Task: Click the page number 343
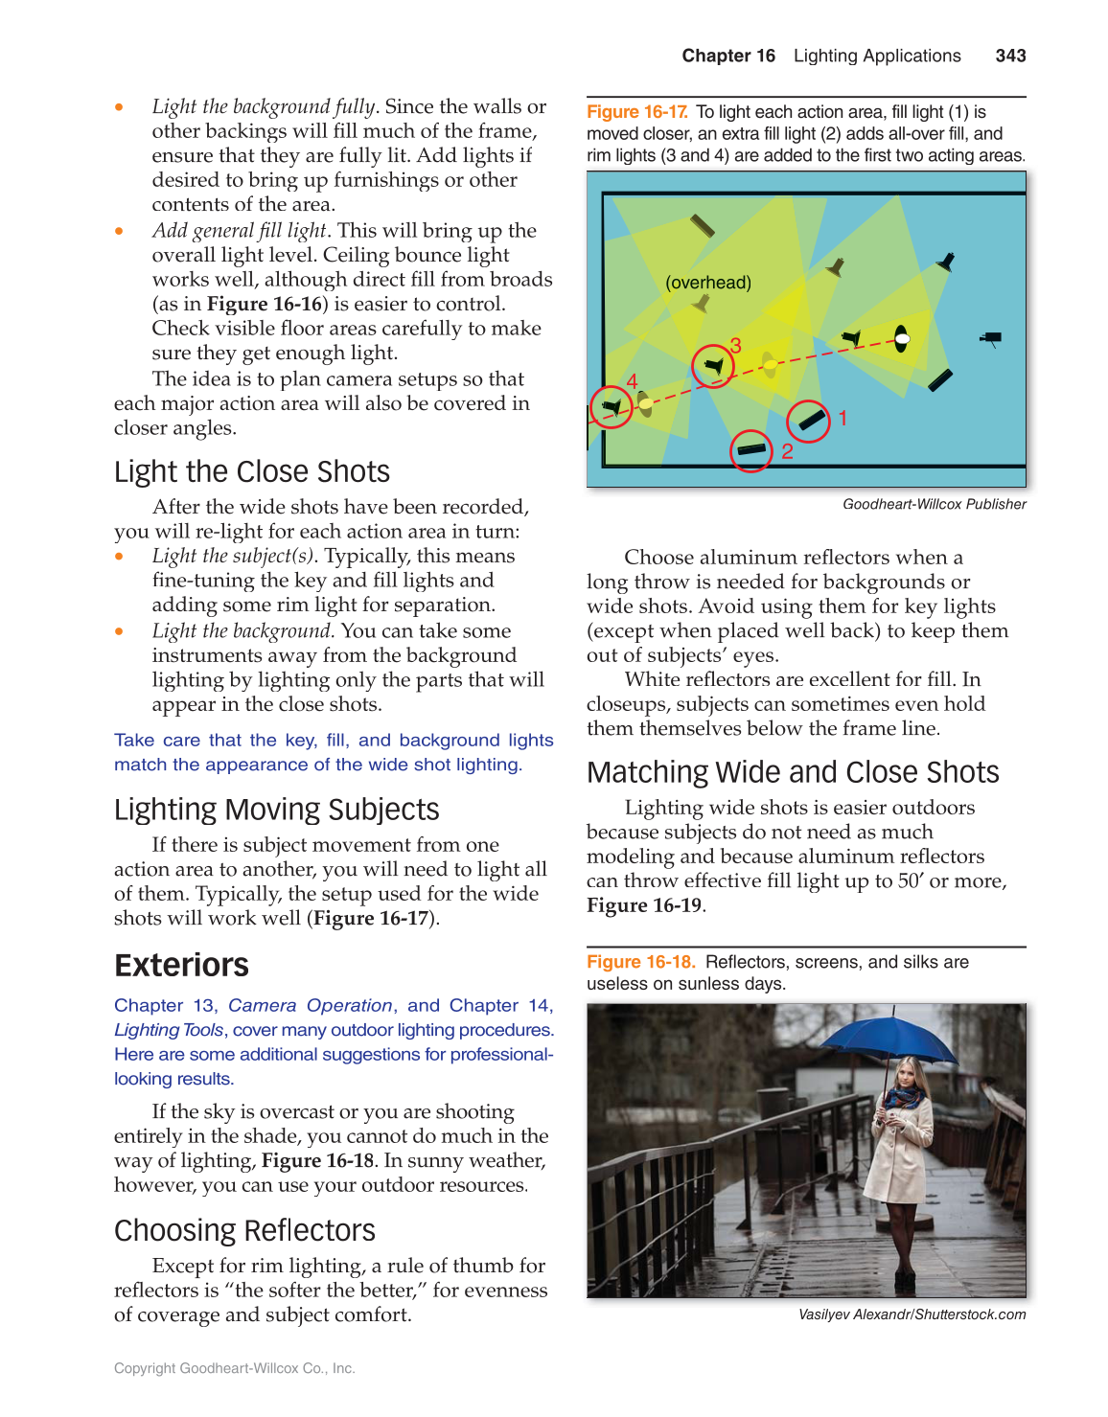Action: pyautogui.click(x=1010, y=56)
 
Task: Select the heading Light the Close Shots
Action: pyautogui.click(x=251, y=471)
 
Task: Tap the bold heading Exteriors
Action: pyautogui.click(x=181, y=965)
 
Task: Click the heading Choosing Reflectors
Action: pyautogui.click(x=244, y=1230)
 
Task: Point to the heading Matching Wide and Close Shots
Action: pyautogui.click(x=793, y=772)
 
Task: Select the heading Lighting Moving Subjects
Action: pyautogui.click(x=276, y=810)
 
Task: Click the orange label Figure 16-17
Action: pyautogui.click(x=636, y=112)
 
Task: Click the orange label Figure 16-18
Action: pyautogui.click(x=640, y=962)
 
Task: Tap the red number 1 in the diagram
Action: pyautogui.click(x=843, y=418)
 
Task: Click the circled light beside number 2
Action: pyautogui.click(x=751, y=450)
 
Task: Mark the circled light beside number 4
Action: pyautogui.click(x=611, y=407)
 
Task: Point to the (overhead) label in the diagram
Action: pyautogui.click(x=708, y=283)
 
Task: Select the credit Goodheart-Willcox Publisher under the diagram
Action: pyautogui.click(x=934, y=504)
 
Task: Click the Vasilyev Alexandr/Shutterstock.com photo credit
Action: pyautogui.click(x=912, y=1314)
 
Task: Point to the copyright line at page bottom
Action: pyautogui.click(x=234, y=1368)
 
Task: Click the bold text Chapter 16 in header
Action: pyautogui.click(x=728, y=56)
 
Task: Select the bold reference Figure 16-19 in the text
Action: pyautogui.click(x=644, y=905)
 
